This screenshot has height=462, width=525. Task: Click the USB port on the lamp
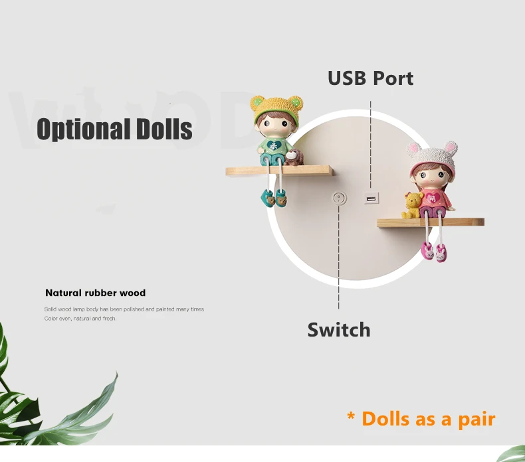[x=371, y=198]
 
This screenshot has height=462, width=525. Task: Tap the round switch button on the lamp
[x=339, y=198]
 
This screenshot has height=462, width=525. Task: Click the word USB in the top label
[x=346, y=78]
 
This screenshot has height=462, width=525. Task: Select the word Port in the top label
[x=393, y=78]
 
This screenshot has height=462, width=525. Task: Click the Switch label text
[x=339, y=329]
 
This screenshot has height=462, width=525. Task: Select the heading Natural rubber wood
[x=96, y=293]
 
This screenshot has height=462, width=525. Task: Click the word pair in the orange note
[x=476, y=420]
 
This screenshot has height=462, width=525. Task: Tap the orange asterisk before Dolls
[x=351, y=416]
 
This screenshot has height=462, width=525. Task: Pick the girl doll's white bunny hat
[x=433, y=158]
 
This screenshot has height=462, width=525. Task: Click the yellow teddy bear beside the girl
[x=411, y=205]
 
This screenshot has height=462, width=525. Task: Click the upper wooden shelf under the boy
[x=279, y=171]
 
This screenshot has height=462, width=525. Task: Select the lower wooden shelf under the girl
[x=431, y=222]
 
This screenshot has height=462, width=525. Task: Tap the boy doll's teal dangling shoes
[x=274, y=198]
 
